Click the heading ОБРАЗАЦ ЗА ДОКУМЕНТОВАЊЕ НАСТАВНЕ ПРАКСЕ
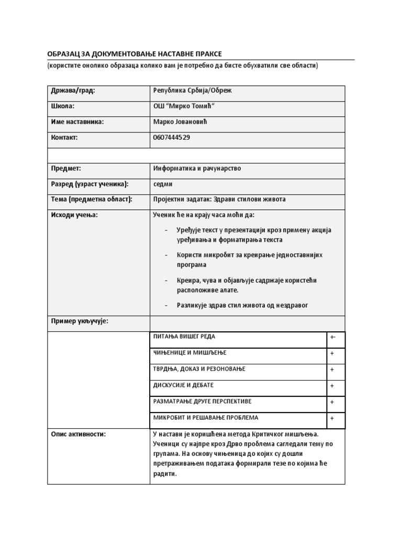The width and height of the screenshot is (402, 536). (x=135, y=54)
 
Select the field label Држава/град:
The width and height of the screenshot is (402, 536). (x=73, y=91)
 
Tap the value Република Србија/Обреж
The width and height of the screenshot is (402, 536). (x=192, y=91)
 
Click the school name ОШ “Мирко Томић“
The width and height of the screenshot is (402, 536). (x=184, y=106)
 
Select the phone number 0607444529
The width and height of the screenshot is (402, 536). (x=172, y=138)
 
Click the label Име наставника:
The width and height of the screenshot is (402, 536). (x=77, y=122)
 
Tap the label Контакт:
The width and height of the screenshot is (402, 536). (x=64, y=138)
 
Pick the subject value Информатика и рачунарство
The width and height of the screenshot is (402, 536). (x=197, y=169)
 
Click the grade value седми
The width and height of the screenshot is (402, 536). (x=163, y=184)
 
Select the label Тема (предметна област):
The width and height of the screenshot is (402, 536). (x=92, y=199)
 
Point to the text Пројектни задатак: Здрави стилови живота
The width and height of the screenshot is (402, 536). (x=219, y=199)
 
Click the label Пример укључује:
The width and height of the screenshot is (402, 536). (x=79, y=321)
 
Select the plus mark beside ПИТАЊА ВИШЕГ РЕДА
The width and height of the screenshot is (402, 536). (x=333, y=338)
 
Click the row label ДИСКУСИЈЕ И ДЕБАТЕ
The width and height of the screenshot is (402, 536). (x=183, y=385)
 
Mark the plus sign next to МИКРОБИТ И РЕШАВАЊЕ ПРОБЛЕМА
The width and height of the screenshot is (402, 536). (x=332, y=419)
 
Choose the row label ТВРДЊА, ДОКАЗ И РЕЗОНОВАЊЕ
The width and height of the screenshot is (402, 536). (x=199, y=369)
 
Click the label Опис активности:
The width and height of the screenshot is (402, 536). (x=78, y=434)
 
